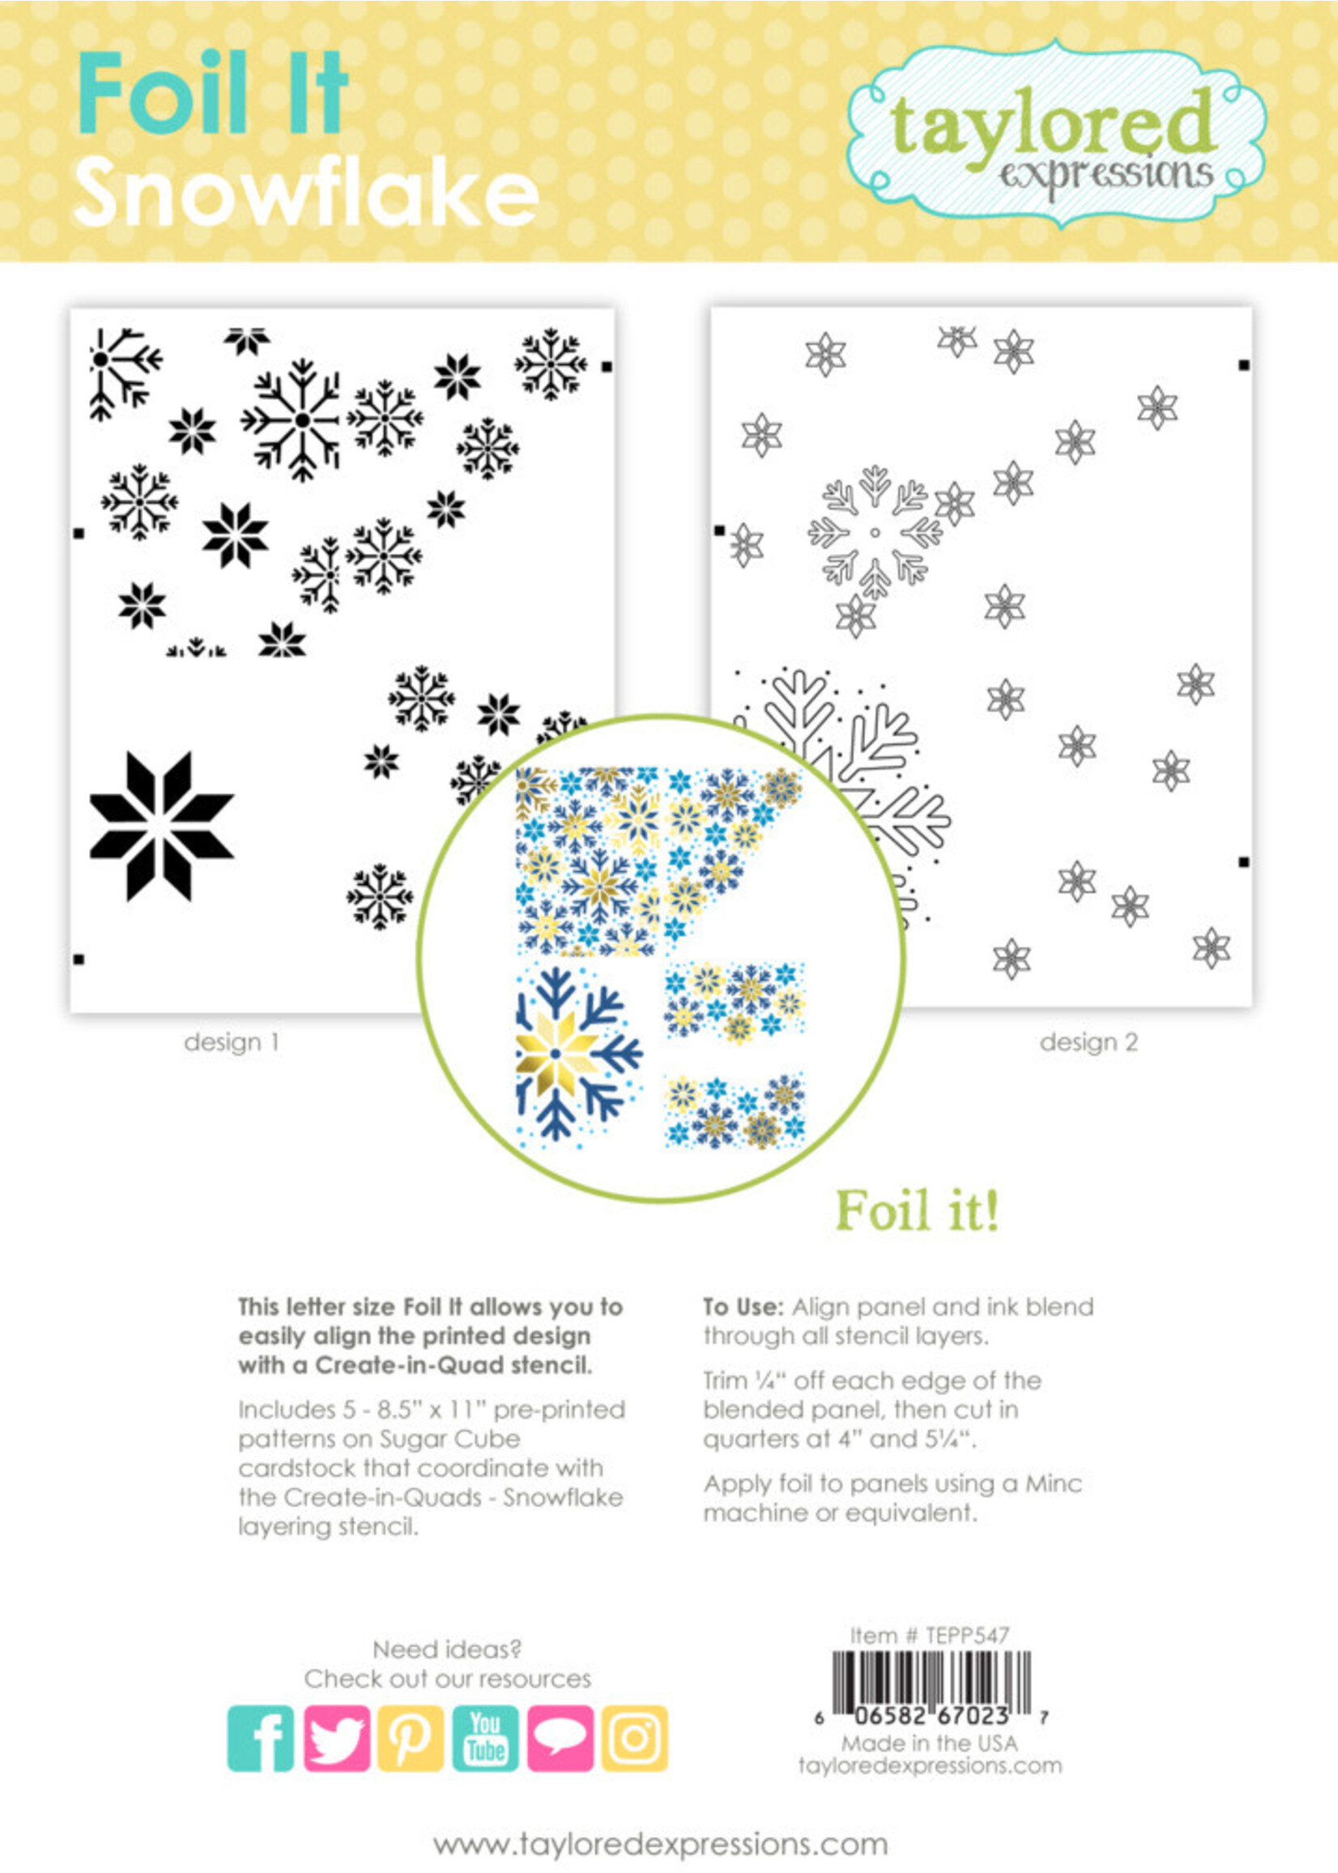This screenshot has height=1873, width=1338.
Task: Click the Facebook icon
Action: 260,1738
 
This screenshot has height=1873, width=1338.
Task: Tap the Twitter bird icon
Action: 336,1738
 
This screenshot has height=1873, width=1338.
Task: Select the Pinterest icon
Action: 411,1738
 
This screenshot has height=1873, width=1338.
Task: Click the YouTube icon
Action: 485,1738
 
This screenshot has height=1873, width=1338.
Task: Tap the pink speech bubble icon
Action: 560,1738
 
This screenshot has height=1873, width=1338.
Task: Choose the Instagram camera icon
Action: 633,1738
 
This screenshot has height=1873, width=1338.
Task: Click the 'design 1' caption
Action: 232,1042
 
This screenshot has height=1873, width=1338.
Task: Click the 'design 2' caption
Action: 1089,1042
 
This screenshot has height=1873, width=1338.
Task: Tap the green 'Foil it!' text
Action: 917,1210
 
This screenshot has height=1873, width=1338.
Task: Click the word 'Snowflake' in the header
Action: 306,194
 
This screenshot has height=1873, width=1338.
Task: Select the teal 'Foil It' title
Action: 212,92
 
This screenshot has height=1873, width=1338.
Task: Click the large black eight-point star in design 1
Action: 160,825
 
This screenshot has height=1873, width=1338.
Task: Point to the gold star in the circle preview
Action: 556,1055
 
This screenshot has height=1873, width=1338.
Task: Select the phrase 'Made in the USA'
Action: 929,1743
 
